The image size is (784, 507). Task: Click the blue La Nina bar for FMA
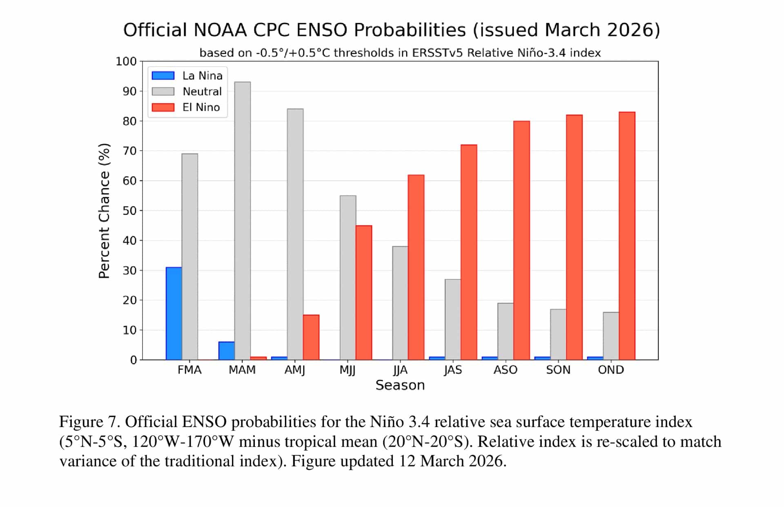click(174, 314)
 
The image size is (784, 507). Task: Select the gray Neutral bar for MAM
click(243, 220)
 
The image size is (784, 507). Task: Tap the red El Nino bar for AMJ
click(311, 337)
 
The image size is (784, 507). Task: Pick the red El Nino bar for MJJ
click(364, 292)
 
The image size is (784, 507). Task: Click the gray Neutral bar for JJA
click(400, 303)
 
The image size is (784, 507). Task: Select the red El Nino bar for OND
click(627, 236)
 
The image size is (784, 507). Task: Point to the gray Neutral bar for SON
click(558, 334)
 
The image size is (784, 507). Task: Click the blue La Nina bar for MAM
click(227, 351)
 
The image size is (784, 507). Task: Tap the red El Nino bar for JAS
click(469, 252)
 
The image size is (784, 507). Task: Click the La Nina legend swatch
click(163, 76)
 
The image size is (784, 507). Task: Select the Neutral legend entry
click(202, 91)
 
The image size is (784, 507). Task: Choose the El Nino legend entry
click(201, 107)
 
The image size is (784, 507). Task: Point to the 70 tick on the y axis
click(129, 151)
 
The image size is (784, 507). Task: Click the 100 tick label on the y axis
click(126, 61)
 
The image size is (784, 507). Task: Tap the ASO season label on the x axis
click(505, 370)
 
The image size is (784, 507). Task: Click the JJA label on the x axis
click(400, 370)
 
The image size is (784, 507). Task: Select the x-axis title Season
click(400, 385)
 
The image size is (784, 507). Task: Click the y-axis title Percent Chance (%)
click(104, 211)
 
